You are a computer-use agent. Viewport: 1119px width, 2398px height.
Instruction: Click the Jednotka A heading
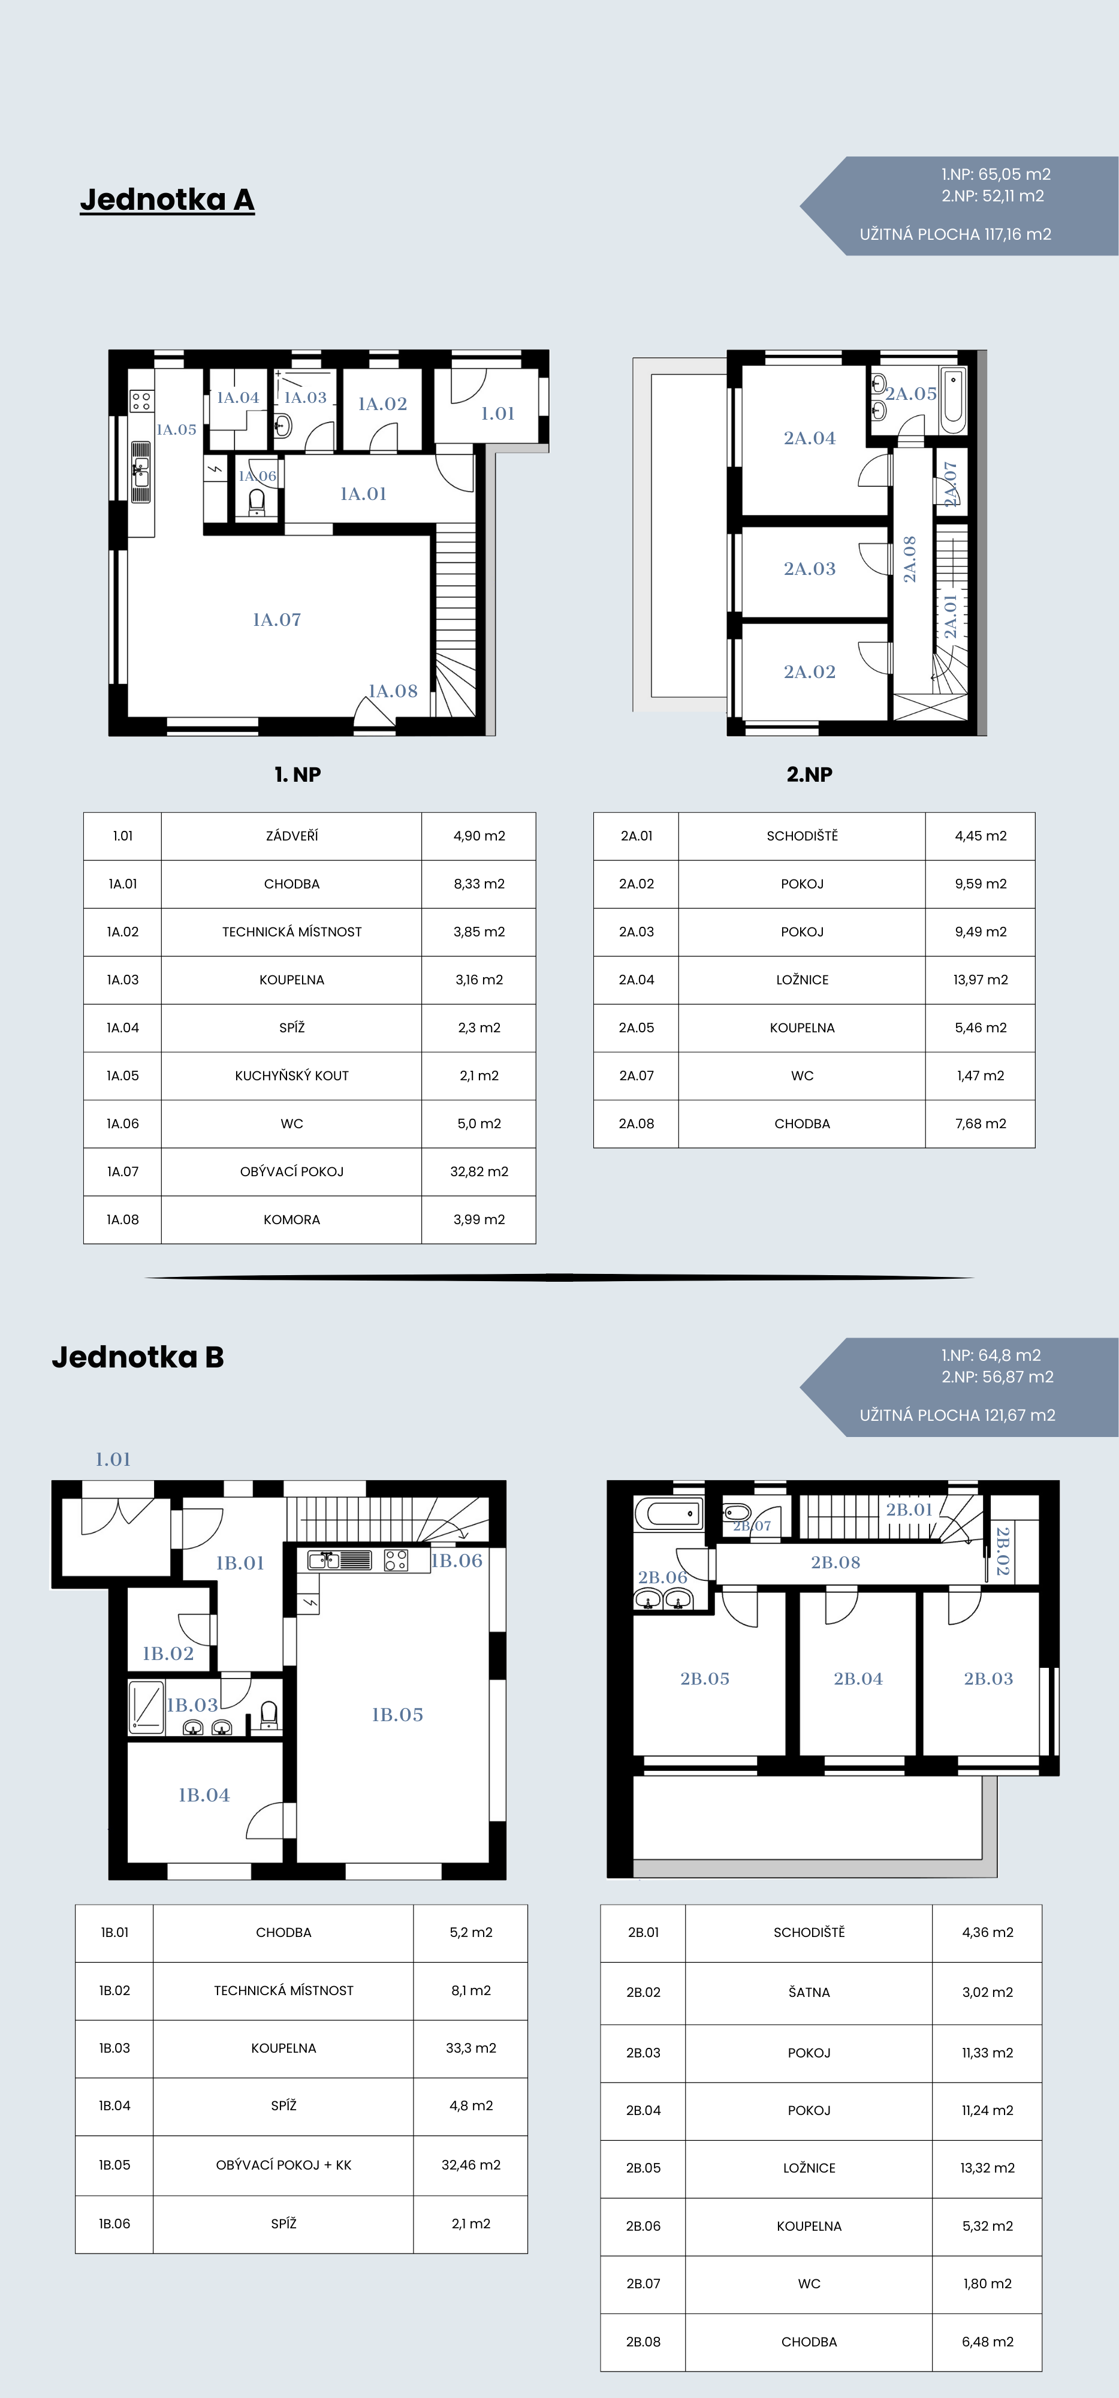pos(168,199)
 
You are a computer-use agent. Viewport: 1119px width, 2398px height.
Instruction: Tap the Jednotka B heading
pos(138,1357)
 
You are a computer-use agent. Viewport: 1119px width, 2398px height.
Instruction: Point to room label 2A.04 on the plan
pos(809,438)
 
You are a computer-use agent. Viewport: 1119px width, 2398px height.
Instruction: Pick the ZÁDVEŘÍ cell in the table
pos(291,836)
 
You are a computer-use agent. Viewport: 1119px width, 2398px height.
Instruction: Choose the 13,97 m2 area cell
pos(981,980)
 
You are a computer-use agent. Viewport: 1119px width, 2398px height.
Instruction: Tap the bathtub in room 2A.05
pos(954,401)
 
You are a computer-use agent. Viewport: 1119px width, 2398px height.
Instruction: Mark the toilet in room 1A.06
pos(258,502)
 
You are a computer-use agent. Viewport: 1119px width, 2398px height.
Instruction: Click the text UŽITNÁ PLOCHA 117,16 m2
pos(955,234)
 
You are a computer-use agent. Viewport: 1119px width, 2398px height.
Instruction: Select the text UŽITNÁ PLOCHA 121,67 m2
pos(957,1415)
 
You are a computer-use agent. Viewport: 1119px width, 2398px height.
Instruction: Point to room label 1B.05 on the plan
pos(397,1715)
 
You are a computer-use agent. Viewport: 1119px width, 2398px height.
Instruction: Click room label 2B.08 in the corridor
pos(835,1562)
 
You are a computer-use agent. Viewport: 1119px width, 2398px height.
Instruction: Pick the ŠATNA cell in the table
pos(809,1992)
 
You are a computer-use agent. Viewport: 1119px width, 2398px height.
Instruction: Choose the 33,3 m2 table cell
pos(471,2048)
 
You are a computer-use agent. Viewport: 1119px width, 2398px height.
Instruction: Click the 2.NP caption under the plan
pos(809,775)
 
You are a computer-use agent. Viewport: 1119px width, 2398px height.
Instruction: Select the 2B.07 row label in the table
pos(643,2283)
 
